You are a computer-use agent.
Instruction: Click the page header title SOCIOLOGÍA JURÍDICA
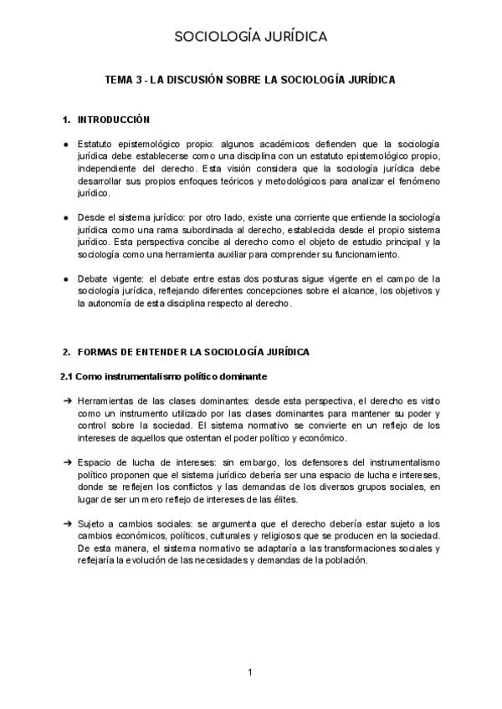[x=251, y=37]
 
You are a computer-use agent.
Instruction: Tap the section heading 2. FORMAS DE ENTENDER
[x=186, y=352]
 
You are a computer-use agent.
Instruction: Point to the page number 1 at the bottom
[x=250, y=672]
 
